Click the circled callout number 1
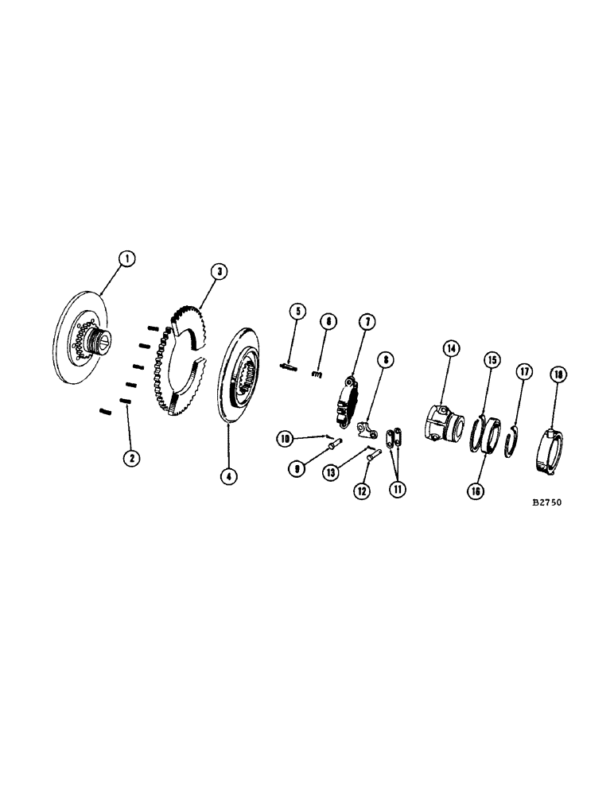click(125, 258)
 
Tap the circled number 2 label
click(127, 458)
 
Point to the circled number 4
click(228, 477)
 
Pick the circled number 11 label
click(396, 489)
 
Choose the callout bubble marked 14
click(452, 347)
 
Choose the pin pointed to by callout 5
click(287, 366)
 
